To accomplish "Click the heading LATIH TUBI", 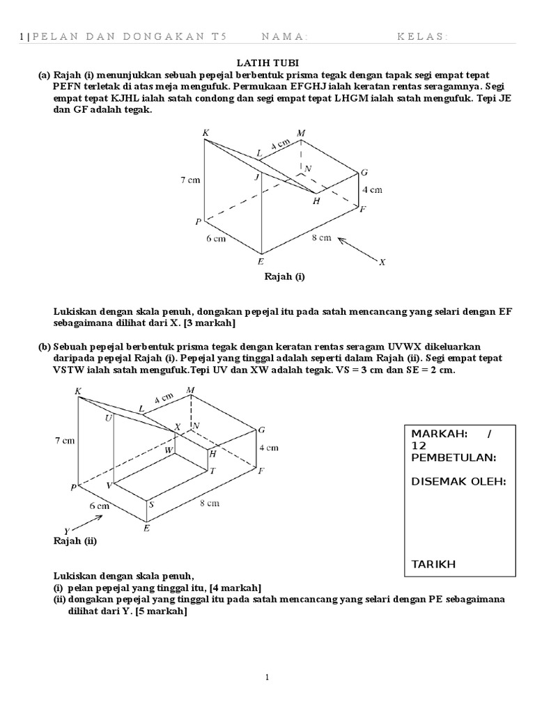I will point(267,63).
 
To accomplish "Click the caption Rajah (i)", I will point(284,276).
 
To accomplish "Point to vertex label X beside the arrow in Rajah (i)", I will point(382,263).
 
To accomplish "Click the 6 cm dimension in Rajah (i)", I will point(216,238).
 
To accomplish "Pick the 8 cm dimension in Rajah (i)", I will point(322,239).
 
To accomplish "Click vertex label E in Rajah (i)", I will point(261,263).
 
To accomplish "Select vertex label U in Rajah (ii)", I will point(109,418).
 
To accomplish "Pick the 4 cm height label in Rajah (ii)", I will point(269,448).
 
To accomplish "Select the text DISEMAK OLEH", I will point(458,481).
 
